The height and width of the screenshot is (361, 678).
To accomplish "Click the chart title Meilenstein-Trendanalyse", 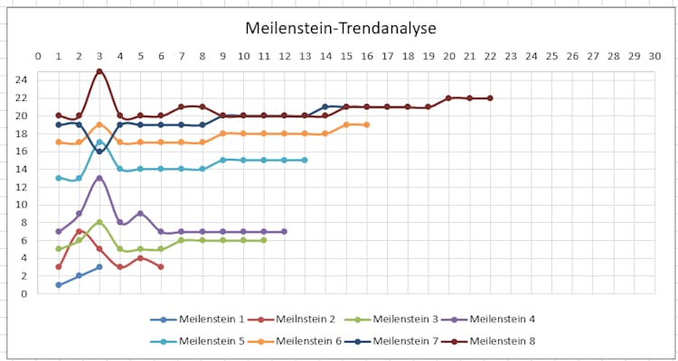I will [x=338, y=29].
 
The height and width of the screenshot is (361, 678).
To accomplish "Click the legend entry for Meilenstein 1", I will [x=211, y=319].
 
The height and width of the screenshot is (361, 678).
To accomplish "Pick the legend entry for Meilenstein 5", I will [x=211, y=340].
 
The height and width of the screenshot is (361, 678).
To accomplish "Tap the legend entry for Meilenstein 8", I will [x=503, y=340].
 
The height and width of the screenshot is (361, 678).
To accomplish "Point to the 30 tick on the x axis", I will [x=654, y=56].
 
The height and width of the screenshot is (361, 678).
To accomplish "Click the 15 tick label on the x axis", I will [x=346, y=56].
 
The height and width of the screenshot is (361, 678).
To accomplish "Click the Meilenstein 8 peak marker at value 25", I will [x=99, y=71].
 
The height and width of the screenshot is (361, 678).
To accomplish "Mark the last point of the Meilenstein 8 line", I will [x=490, y=97].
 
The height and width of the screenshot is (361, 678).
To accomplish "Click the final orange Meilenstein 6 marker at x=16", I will [x=366, y=125].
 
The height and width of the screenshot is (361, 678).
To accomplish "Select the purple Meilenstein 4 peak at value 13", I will [x=99, y=178].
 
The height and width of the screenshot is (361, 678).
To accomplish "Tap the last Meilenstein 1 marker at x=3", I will [x=99, y=266].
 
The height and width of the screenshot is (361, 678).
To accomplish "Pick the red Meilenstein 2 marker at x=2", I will [x=79, y=231].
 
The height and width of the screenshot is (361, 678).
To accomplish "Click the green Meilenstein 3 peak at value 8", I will [x=99, y=222].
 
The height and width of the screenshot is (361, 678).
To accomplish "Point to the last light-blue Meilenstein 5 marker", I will [x=305, y=160].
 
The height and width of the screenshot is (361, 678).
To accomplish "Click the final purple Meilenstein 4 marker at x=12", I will [x=284, y=231].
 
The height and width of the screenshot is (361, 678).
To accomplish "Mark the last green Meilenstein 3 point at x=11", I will [x=263, y=240].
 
